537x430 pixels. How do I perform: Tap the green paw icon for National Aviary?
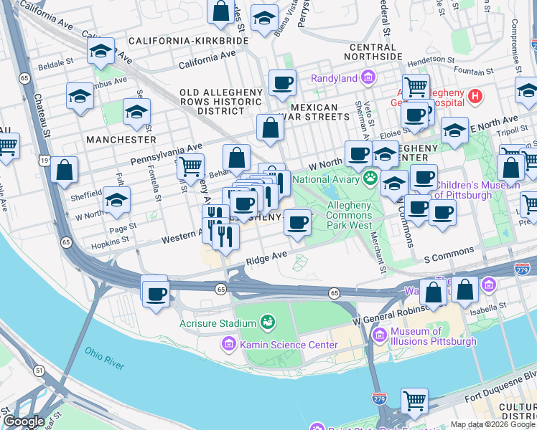pyautogui.click(x=370, y=178)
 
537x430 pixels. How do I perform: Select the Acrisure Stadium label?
pyautogui.click(x=218, y=323)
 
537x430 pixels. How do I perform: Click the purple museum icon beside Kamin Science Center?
pyautogui.click(x=229, y=345)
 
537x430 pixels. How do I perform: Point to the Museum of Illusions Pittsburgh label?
pyautogui.click(x=433, y=336)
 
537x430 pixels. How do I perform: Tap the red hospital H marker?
pyautogui.click(x=475, y=95)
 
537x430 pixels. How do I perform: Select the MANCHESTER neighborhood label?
pyautogui.click(x=121, y=138)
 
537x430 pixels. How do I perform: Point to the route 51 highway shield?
pyautogui.click(x=39, y=370)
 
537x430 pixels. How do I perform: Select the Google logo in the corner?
pyautogui.click(x=24, y=421)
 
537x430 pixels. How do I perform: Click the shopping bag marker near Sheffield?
pyautogui.click(x=65, y=171)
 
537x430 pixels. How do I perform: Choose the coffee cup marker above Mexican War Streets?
pyautogui.click(x=283, y=82)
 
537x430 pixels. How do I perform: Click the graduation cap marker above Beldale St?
pyautogui.click(x=101, y=51)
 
